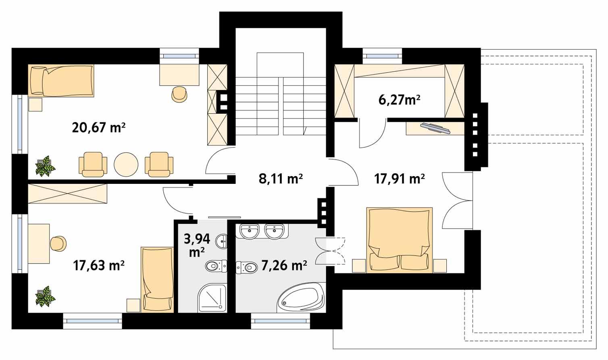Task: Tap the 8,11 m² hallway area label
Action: tap(281, 179)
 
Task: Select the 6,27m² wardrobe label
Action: tap(399, 100)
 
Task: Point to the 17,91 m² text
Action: tap(399, 179)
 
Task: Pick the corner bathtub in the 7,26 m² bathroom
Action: tap(301, 298)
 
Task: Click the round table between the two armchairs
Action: tap(126, 164)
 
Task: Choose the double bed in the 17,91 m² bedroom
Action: tap(399, 240)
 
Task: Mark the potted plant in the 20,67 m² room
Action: tap(44, 166)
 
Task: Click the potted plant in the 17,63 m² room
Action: tap(44, 296)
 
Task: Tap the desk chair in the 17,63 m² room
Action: tap(58, 243)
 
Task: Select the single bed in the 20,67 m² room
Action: tap(62, 81)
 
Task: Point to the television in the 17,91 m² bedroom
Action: tap(435, 128)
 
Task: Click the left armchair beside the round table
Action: tap(94, 164)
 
